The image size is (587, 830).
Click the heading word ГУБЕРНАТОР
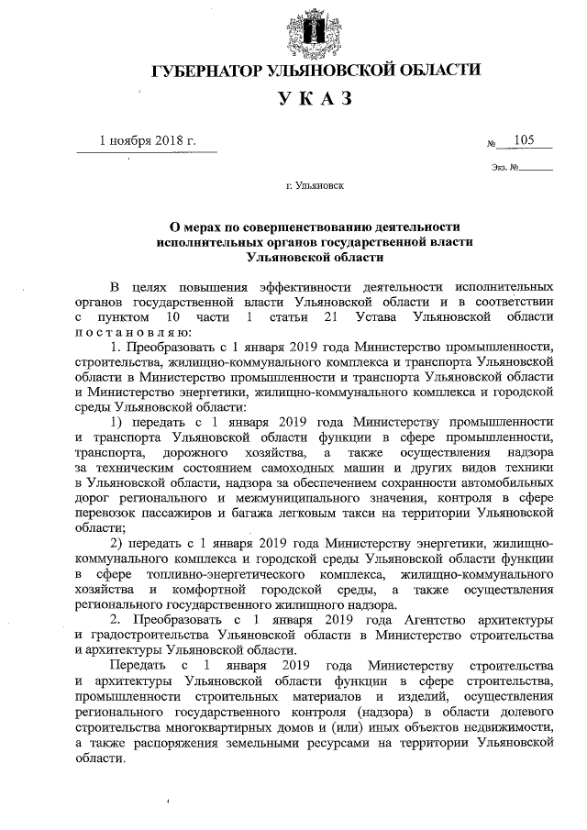[x=205, y=71]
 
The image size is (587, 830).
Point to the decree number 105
[x=526, y=139]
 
